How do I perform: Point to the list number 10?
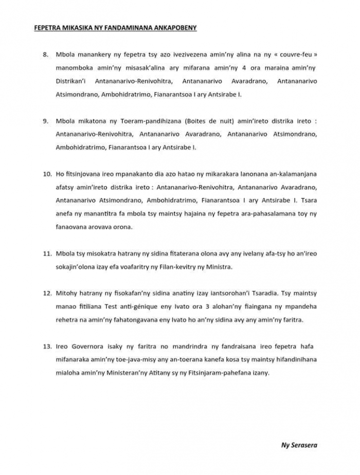click(46, 175)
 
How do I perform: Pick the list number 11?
click(46, 254)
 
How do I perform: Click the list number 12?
click(46, 294)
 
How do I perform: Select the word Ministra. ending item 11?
click(220, 267)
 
